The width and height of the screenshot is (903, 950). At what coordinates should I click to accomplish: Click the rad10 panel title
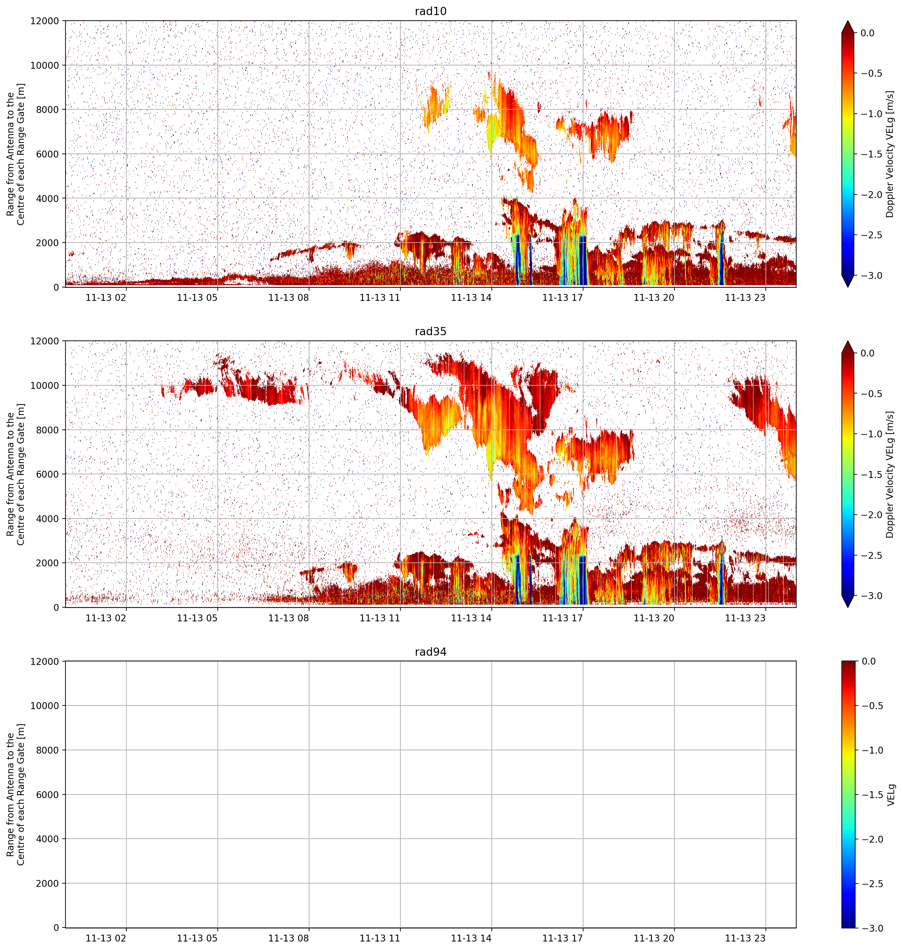pyautogui.click(x=430, y=11)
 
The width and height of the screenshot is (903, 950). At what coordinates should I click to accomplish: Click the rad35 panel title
pyautogui.click(x=430, y=331)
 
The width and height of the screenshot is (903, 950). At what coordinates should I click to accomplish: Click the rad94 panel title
pyautogui.click(x=430, y=652)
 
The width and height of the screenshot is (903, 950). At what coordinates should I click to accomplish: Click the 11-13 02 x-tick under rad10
pyautogui.click(x=106, y=297)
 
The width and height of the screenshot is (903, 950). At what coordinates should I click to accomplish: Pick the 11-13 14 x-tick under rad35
pyautogui.click(x=471, y=617)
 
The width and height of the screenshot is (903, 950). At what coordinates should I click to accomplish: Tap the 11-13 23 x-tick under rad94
pyautogui.click(x=745, y=938)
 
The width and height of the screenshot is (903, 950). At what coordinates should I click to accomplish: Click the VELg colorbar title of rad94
pyautogui.click(x=891, y=795)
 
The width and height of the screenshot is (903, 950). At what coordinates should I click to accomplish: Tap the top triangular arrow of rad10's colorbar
pyautogui.click(x=848, y=27)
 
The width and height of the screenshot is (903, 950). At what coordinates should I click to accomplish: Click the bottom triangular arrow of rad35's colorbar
pyautogui.click(x=848, y=602)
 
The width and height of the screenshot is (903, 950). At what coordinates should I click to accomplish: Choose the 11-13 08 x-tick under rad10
pyautogui.click(x=288, y=297)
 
